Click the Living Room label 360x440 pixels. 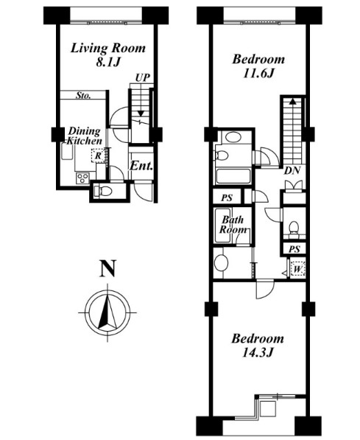point(108,48)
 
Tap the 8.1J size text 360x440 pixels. point(108,63)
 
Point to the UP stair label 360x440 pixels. point(142,77)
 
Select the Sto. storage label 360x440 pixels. point(83,96)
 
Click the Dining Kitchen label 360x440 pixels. point(85,136)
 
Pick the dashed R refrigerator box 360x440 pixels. point(98,156)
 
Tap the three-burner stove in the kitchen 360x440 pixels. point(82,178)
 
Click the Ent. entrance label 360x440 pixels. point(141,166)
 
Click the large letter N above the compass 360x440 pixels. point(108,268)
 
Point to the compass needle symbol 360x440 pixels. point(107,312)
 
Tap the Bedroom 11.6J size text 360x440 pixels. point(258,74)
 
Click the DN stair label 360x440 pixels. point(292,170)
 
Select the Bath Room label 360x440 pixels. point(233,225)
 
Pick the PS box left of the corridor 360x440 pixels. point(227,198)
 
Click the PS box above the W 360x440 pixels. point(294,249)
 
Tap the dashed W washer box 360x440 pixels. point(297,270)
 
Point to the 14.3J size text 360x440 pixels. point(258,353)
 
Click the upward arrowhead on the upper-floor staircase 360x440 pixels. point(293,101)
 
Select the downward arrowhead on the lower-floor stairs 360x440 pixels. point(141,114)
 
